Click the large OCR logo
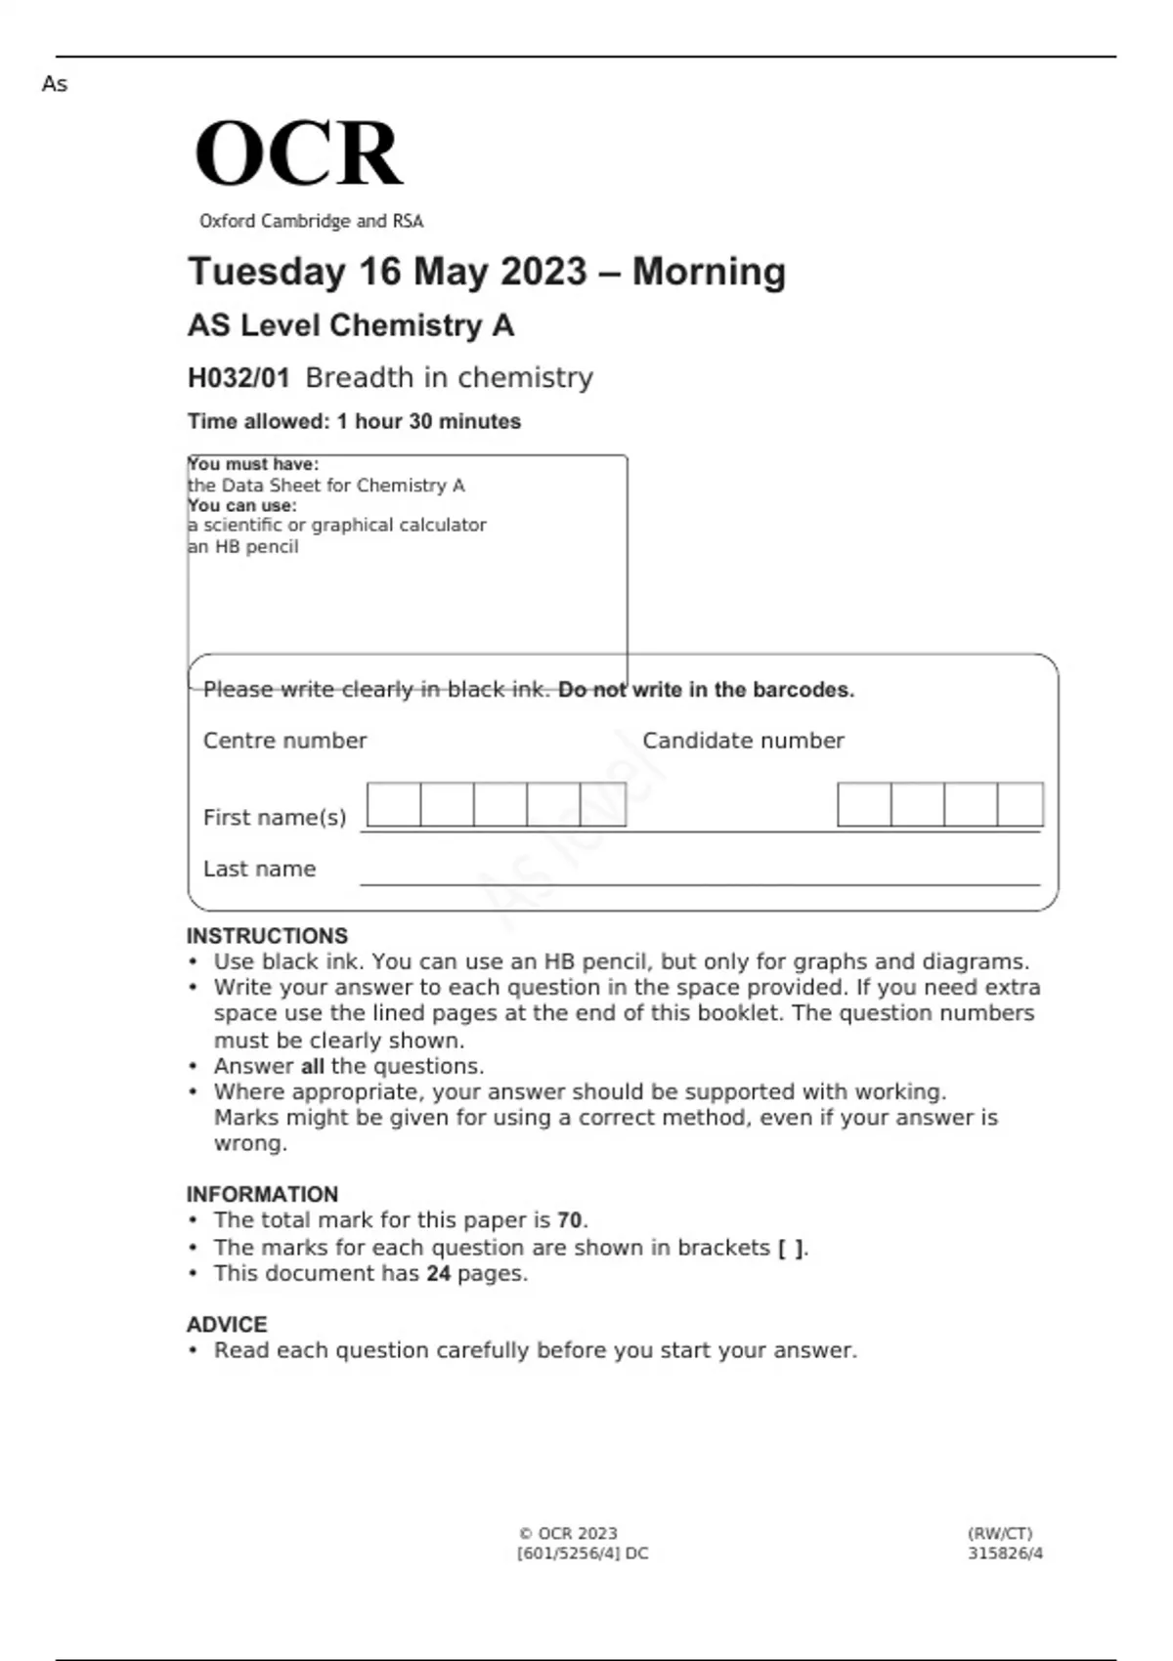tap(298, 153)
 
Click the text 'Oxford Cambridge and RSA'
tap(311, 222)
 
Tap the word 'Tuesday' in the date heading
tap(266, 272)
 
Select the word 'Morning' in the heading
tap(709, 272)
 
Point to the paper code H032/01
tap(239, 378)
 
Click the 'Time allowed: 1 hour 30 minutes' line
tap(354, 422)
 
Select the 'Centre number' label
tap(284, 741)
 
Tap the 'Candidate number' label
tap(743, 741)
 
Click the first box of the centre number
tap(394, 805)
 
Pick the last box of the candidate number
tap(1020, 805)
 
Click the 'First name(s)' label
tap(275, 817)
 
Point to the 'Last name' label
tap(259, 869)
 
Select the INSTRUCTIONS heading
tap(267, 936)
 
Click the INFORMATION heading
tap(262, 1194)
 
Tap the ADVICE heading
tap(227, 1325)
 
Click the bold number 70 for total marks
tap(570, 1220)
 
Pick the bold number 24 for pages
tap(438, 1274)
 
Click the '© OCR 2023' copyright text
tap(568, 1534)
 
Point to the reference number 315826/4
tap(1005, 1554)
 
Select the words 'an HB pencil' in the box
tap(243, 547)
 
